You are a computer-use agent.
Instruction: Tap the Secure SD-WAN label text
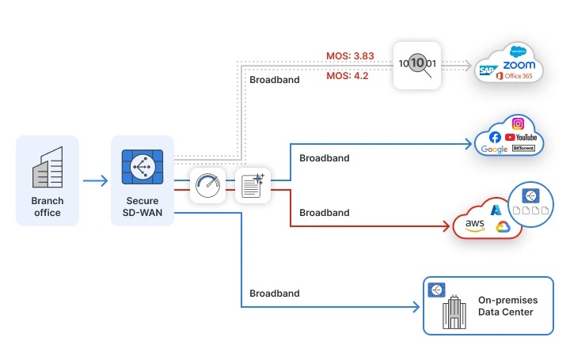[142, 207]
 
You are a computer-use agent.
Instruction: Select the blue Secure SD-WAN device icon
[142, 167]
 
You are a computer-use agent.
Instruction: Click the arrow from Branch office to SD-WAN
[95, 181]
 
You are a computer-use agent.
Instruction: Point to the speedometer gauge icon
[208, 186]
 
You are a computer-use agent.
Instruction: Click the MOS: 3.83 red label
[350, 55]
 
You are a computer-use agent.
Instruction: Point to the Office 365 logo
[515, 76]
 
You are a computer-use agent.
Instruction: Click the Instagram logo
[518, 123]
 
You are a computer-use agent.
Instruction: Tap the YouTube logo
[521, 138]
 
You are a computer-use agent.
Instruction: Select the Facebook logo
[495, 138]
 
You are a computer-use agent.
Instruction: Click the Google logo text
[493, 150]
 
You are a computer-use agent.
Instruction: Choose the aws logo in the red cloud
[475, 225]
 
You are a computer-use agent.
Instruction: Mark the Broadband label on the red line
[324, 213]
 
